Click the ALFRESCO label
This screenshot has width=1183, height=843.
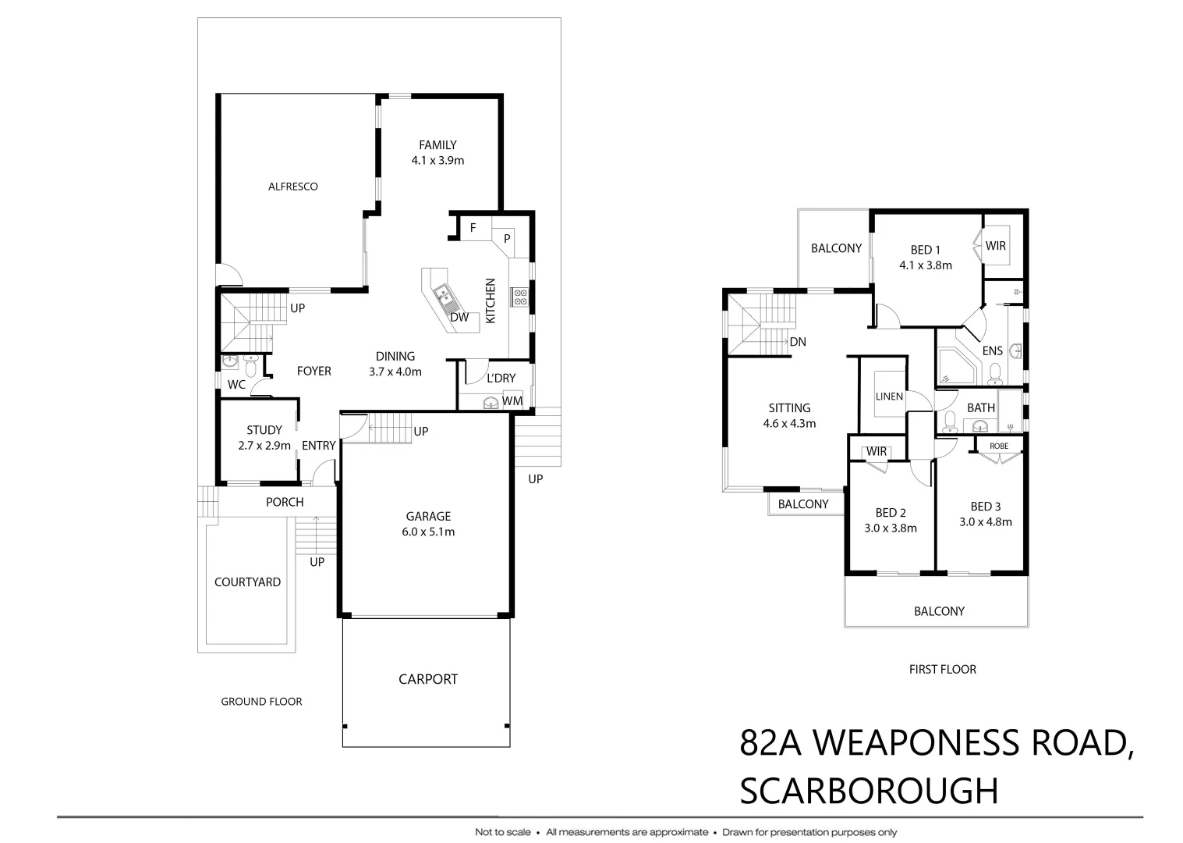pos(292,187)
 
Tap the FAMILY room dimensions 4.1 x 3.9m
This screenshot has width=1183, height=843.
pos(437,161)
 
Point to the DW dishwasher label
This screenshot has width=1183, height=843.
pos(459,317)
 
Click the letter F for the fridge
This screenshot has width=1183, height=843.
pos(473,229)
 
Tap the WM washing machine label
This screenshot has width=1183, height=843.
pos(512,400)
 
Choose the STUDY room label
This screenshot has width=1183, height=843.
pos(264,430)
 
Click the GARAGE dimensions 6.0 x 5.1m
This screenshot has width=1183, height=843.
pos(428,532)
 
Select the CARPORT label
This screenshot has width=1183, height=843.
pos(428,679)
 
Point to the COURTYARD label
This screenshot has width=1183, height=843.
pos(247,582)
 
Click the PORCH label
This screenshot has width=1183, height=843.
pos(285,502)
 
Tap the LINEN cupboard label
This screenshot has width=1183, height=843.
pos(889,397)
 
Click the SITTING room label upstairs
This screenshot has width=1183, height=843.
pos(789,407)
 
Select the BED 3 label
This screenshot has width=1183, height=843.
pos(986,507)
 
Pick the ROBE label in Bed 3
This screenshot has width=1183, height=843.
pos(999,446)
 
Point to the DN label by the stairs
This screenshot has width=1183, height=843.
pos(797,342)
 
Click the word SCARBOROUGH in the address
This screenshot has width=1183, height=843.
pos(869,791)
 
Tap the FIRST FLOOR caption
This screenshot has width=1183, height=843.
pos(942,669)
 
